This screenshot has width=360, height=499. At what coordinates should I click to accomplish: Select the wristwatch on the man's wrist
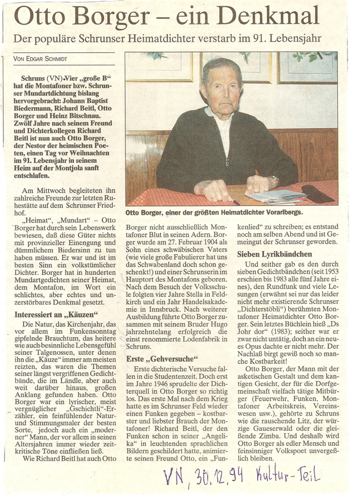274,179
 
